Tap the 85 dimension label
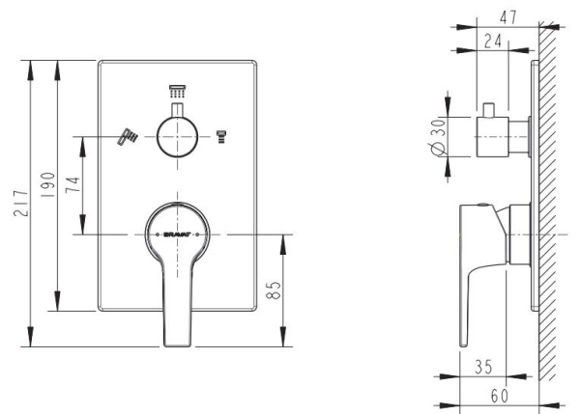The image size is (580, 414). tap(274, 289)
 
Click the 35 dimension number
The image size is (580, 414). tap(486, 368)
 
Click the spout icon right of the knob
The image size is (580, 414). tap(225, 137)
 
